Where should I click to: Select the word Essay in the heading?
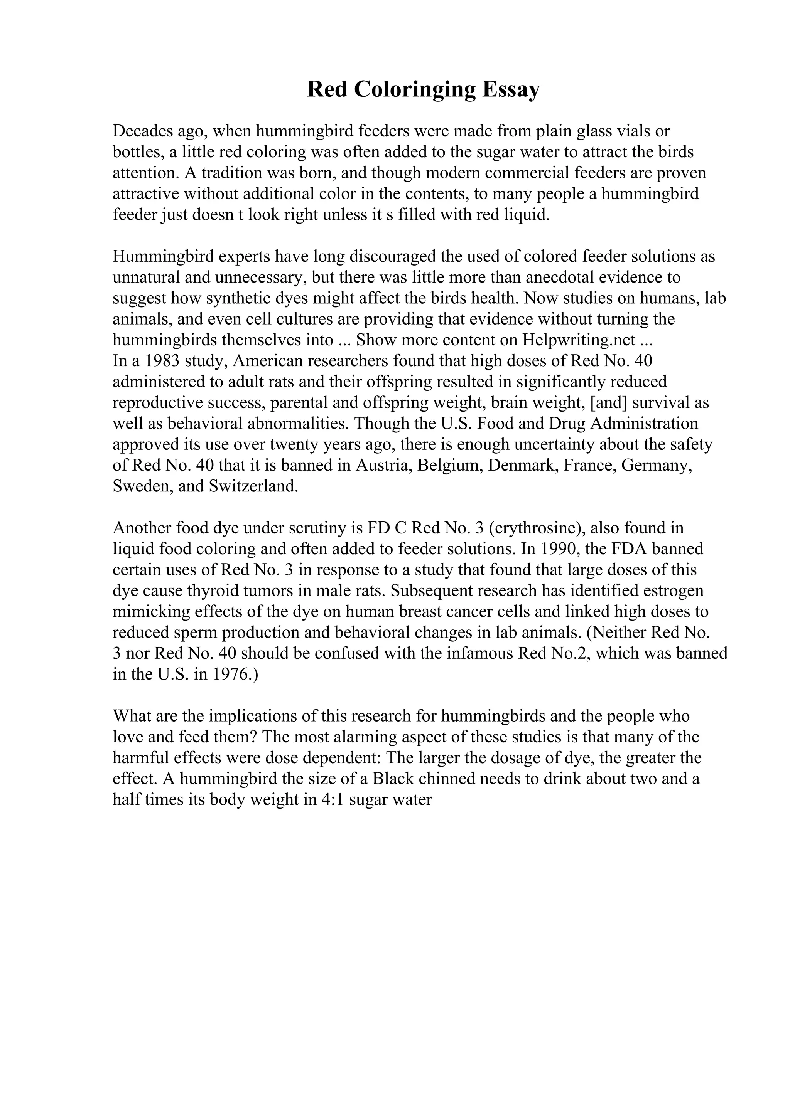[x=511, y=90]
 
